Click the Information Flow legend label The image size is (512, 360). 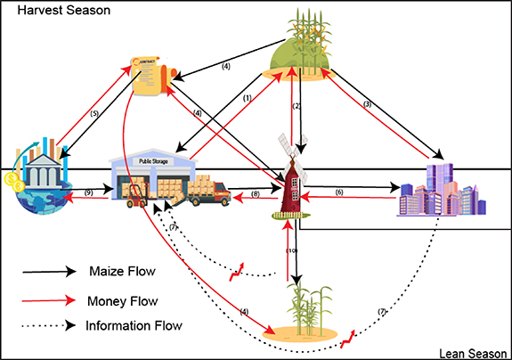click(134, 325)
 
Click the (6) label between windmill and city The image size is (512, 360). click(338, 192)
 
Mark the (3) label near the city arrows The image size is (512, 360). click(366, 103)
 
